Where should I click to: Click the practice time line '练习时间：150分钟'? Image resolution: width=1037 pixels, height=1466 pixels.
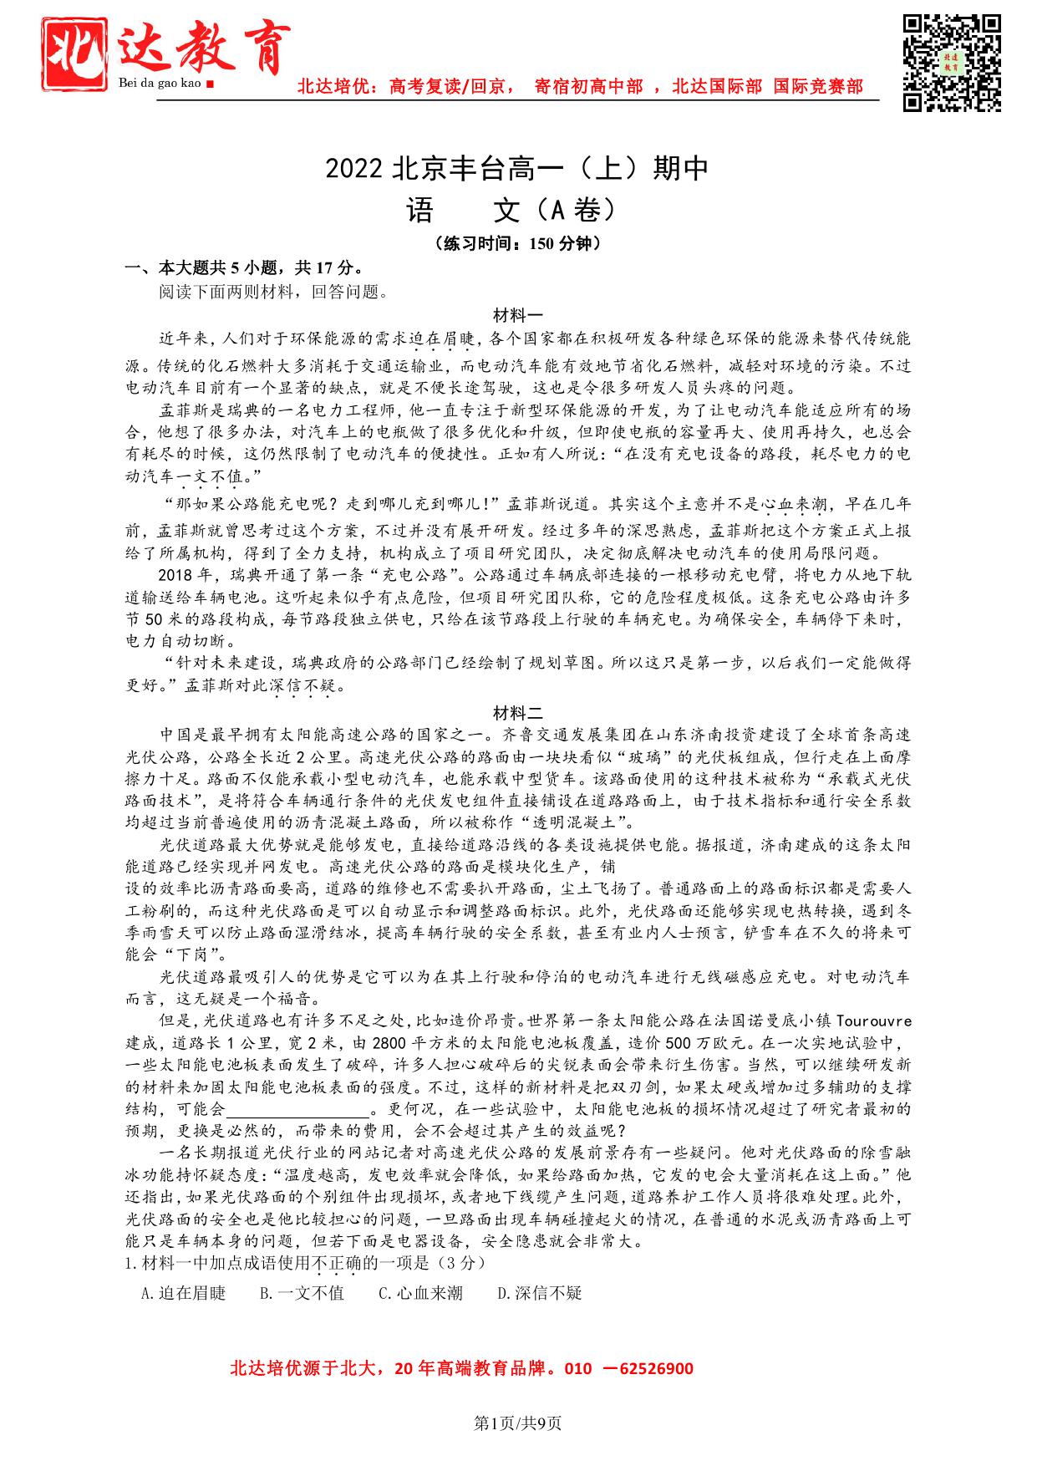518,244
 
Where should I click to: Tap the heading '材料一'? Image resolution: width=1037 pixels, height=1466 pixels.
518,316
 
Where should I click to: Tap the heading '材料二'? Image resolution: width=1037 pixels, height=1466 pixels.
518,713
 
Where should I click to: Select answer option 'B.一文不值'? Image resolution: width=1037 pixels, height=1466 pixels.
302,1293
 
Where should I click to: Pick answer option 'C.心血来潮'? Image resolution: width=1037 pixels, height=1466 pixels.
420,1293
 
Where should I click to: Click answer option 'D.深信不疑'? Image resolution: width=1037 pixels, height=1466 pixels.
539,1293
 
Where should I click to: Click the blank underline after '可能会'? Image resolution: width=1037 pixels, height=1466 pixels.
298,1110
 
